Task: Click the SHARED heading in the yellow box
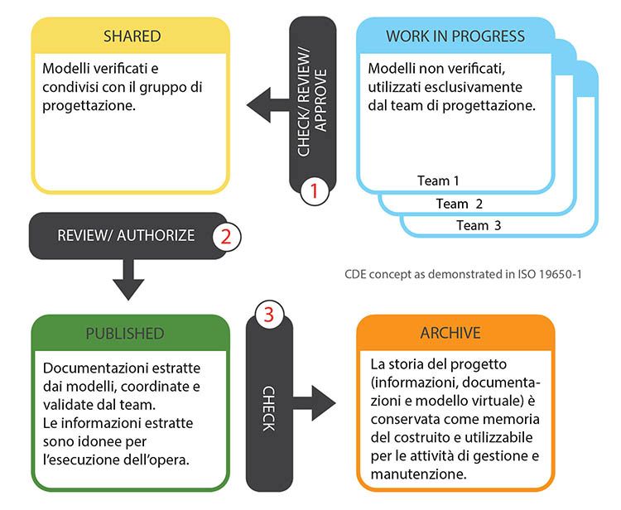click(x=132, y=36)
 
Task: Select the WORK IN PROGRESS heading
click(x=455, y=36)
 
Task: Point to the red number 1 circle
click(x=314, y=190)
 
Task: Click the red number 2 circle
click(x=226, y=235)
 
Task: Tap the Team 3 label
click(x=479, y=225)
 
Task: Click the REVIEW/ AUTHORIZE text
click(x=126, y=235)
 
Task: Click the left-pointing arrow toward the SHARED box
click(x=266, y=106)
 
